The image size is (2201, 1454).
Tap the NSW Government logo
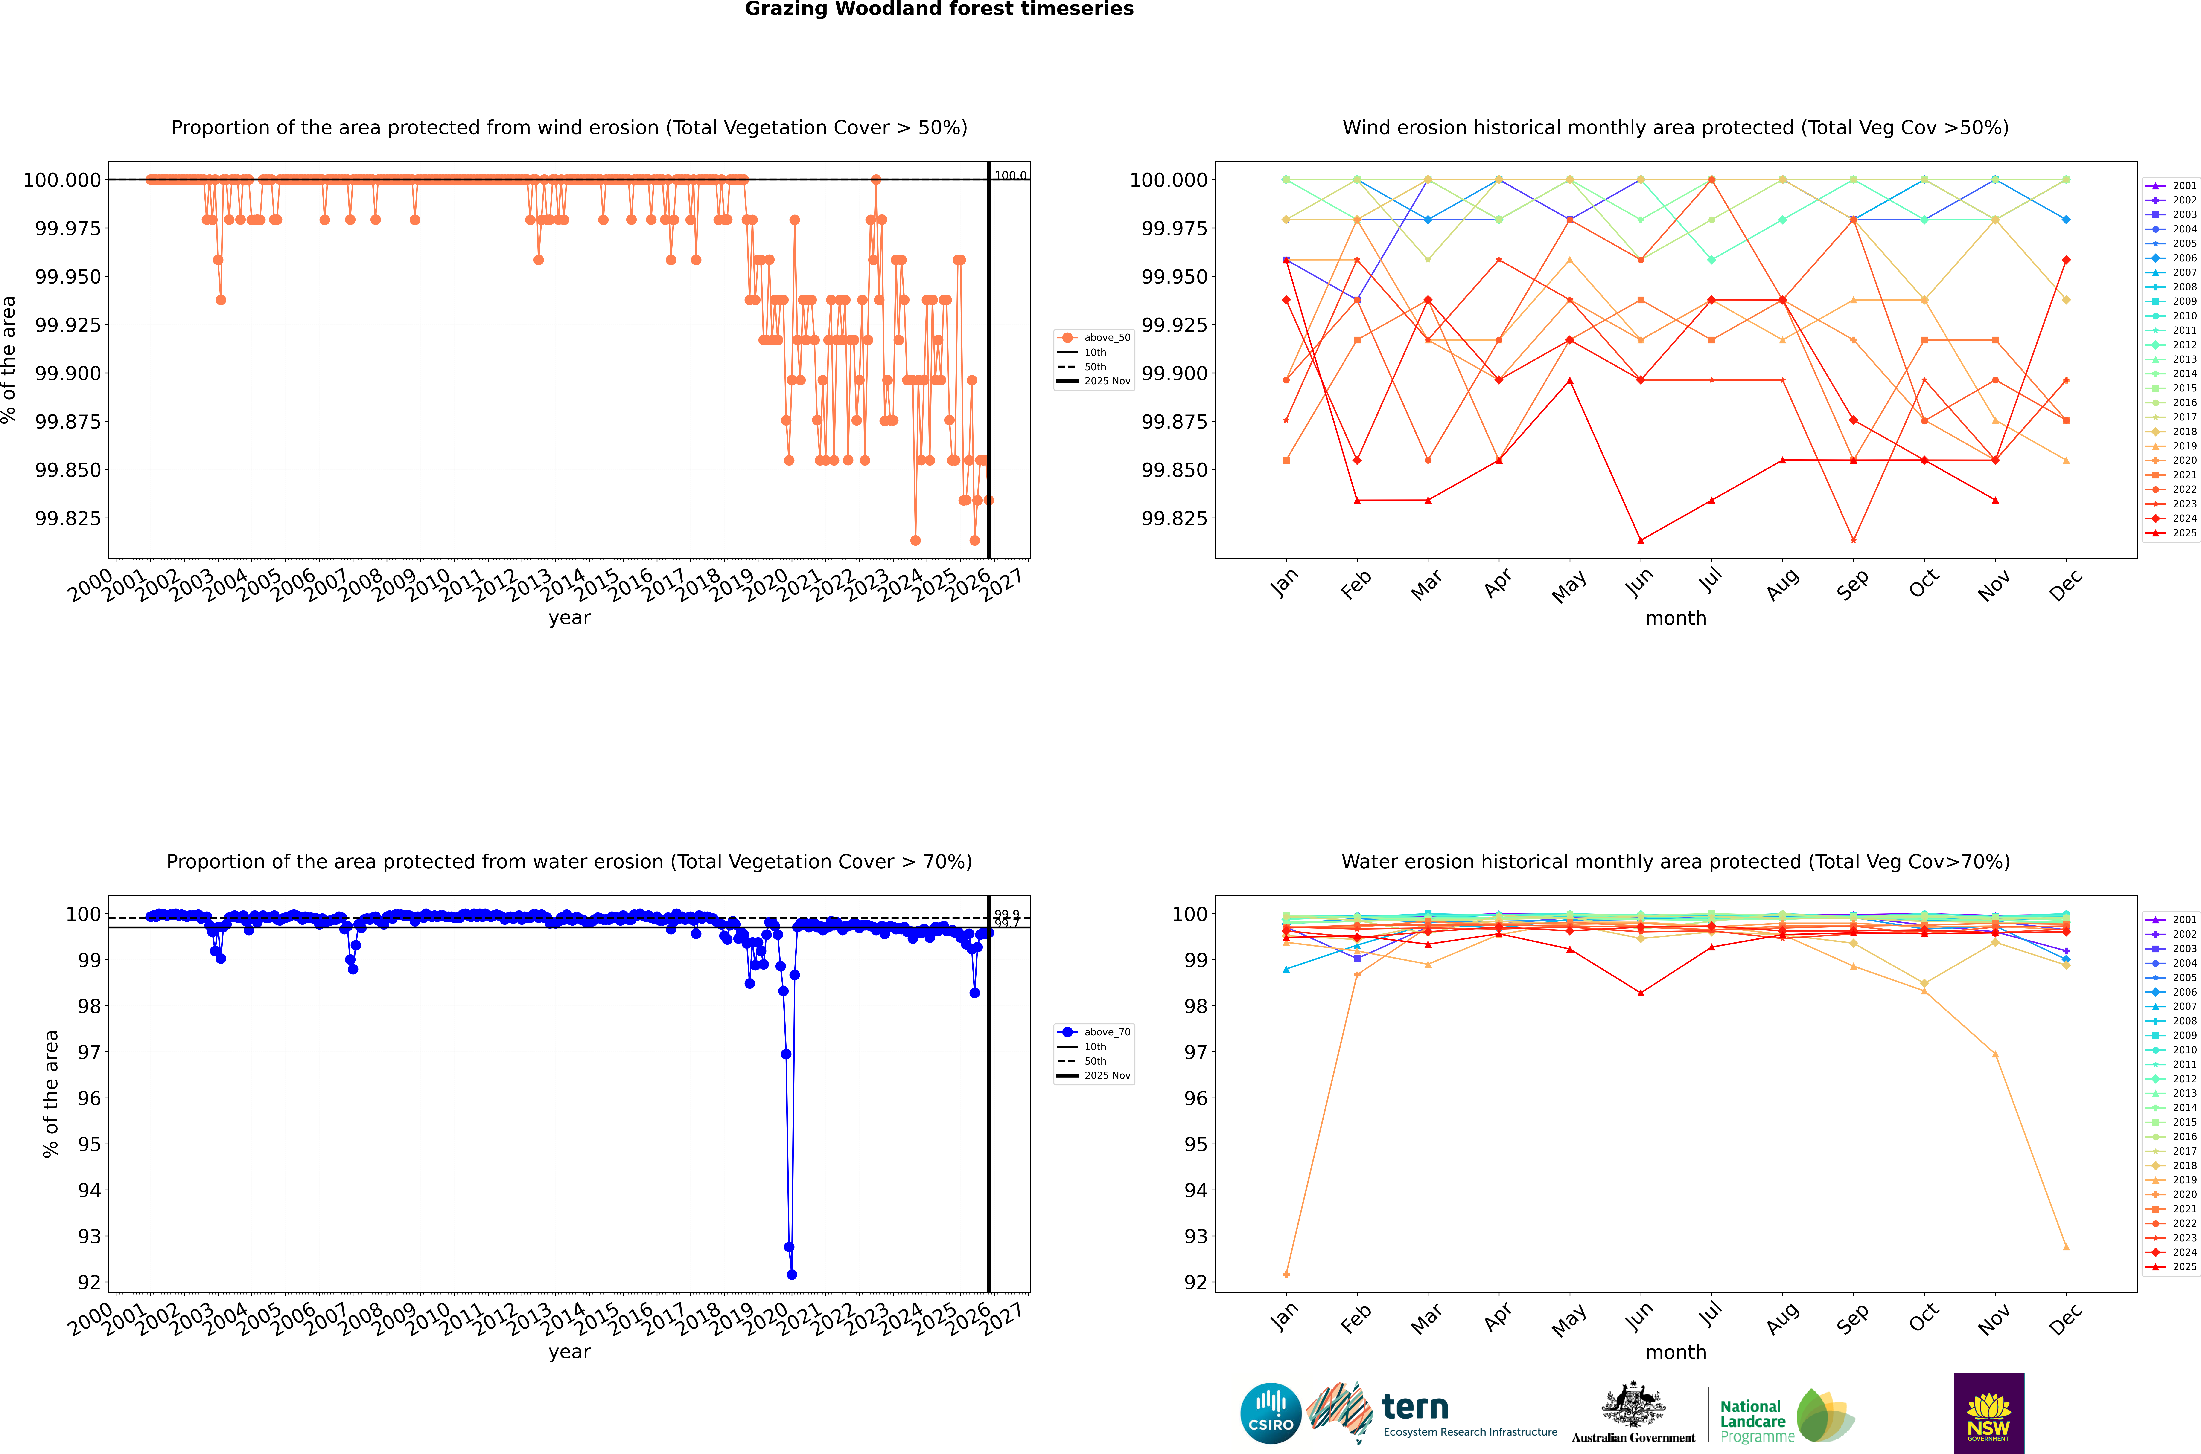[1989, 1413]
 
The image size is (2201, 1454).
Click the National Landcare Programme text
[1752, 1422]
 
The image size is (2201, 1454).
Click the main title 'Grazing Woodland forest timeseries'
[939, 9]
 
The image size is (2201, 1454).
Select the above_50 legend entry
[1107, 338]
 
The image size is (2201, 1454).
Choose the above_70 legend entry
[1107, 1032]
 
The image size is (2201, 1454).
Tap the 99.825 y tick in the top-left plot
[68, 518]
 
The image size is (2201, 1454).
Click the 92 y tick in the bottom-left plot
[89, 1283]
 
